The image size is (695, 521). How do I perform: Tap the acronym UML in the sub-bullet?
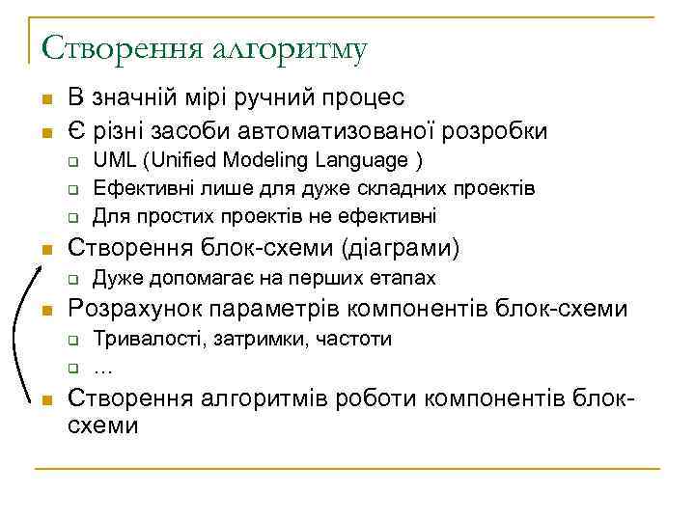point(112,160)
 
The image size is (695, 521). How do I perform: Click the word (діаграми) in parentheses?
point(401,248)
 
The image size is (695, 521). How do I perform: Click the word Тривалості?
point(142,340)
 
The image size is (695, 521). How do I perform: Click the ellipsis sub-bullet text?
point(102,367)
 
